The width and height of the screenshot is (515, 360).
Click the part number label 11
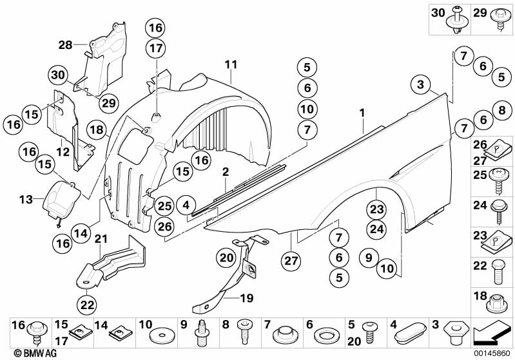231,64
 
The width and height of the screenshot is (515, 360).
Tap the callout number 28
65,44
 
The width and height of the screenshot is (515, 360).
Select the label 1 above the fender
362,113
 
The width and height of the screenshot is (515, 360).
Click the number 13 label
25,200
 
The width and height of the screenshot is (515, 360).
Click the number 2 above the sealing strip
226,172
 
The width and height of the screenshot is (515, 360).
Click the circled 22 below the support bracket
86,304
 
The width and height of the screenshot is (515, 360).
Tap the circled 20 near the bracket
226,258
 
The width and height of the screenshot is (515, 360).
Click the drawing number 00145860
492,354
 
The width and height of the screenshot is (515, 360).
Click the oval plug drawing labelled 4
409,336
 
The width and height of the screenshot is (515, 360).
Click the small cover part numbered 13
59,198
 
